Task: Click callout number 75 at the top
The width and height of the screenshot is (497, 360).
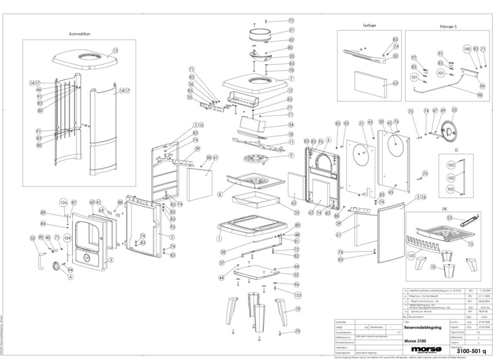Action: [x=290, y=21]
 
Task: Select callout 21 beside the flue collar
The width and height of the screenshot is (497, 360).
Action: [x=290, y=30]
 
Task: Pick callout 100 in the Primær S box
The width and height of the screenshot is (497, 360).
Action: [x=467, y=48]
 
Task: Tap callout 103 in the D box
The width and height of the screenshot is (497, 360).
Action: [x=451, y=165]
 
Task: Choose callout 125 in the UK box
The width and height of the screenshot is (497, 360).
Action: [x=411, y=256]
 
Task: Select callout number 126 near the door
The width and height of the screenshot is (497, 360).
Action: [x=63, y=203]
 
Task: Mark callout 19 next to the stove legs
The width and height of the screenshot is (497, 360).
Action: [x=298, y=308]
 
